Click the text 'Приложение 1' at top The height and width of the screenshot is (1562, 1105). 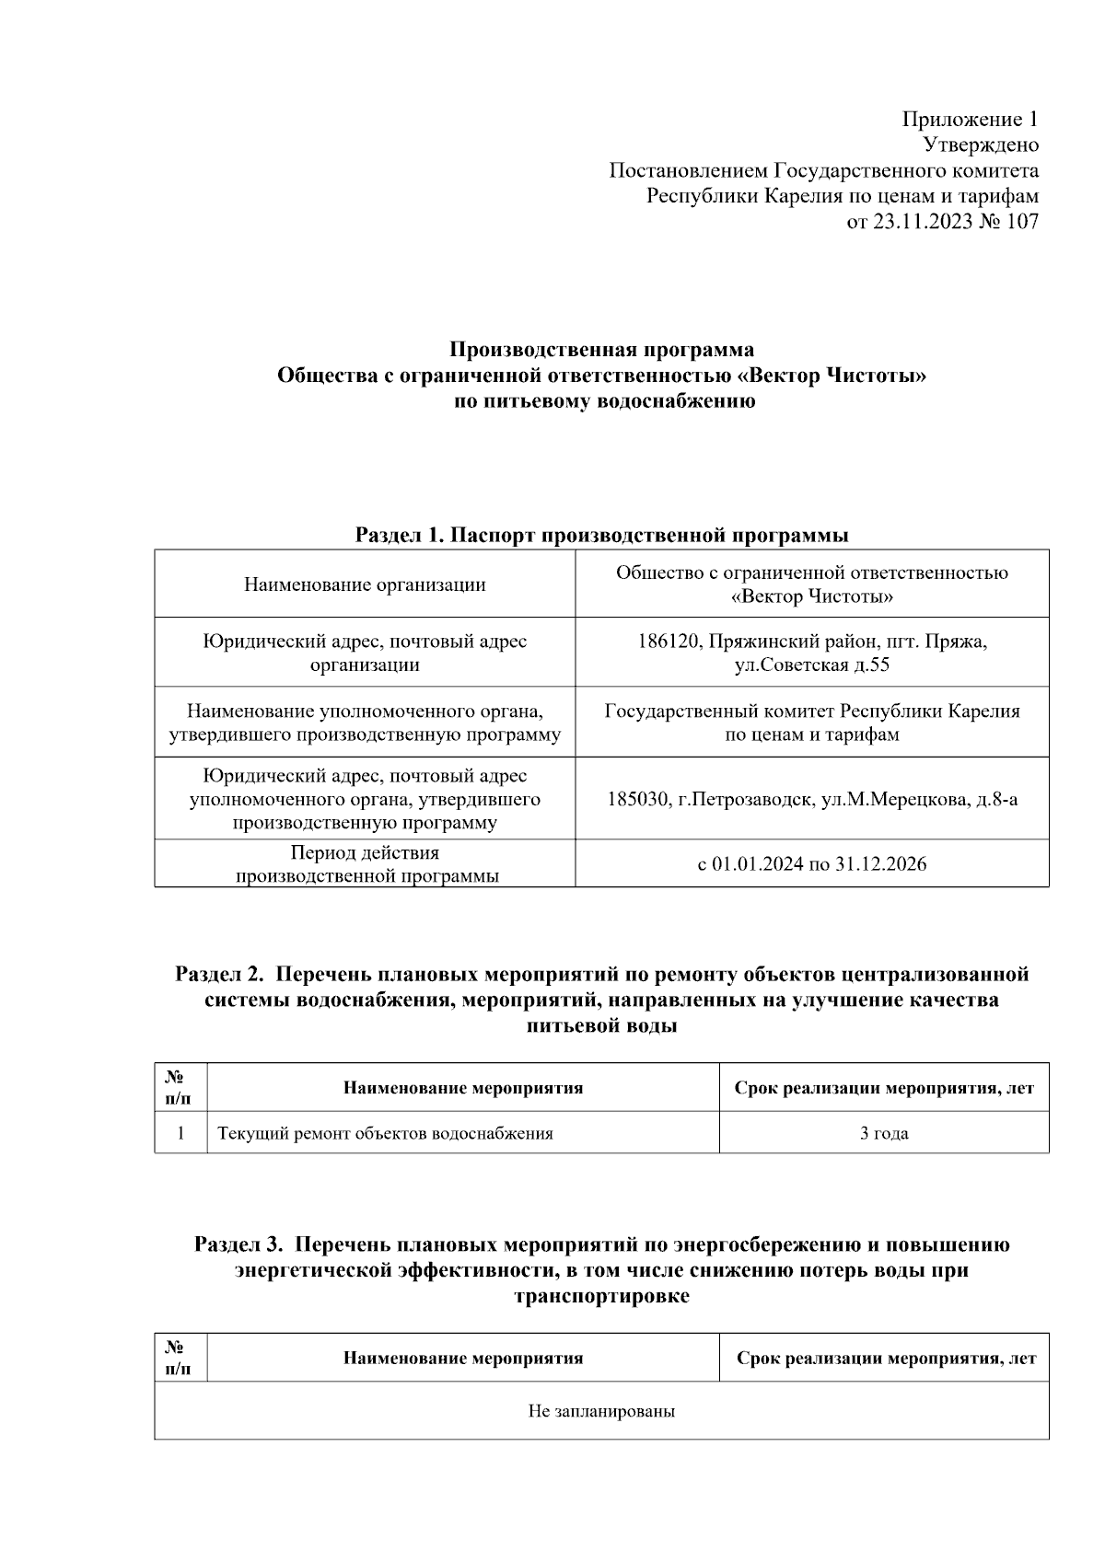click(x=970, y=120)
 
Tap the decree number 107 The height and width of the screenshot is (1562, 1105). click(x=1022, y=222)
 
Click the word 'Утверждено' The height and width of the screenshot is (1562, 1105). click(x=981, y=145)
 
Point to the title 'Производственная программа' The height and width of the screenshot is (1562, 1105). click(x=601, y=350)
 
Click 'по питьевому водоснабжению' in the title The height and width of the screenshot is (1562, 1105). click(x=601, y=401)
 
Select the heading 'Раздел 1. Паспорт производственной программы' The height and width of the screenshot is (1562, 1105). click(x=601, y=536)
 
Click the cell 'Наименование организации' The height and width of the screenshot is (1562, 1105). click(x=365, y=584)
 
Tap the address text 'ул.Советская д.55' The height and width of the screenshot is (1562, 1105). click(x=811, y=665)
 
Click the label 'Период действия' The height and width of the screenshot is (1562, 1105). click(x=365, y=853)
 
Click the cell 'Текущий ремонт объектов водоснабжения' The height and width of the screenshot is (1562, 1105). click(x=385, y=1133)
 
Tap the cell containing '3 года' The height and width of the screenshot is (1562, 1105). click(x=884, y=1133)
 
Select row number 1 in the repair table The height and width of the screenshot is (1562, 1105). click(x=180, y=1133)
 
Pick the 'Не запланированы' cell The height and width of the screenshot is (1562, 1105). click(x=601, y=1411)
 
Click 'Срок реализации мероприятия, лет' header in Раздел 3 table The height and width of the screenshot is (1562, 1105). click(x=886, y=1359)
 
